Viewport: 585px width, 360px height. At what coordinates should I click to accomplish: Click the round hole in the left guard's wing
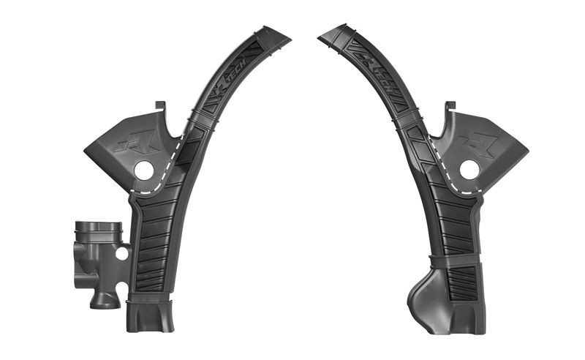pos(144,169)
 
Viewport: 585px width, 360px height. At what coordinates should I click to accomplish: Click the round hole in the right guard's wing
pos(469,169)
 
